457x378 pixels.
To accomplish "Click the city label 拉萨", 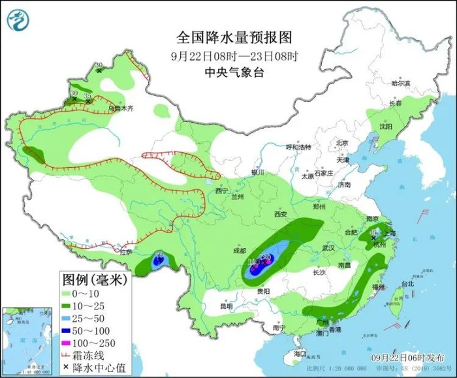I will (126, 251).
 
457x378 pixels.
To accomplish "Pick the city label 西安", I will (281, 214).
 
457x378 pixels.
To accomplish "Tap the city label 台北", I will (407, 284).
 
